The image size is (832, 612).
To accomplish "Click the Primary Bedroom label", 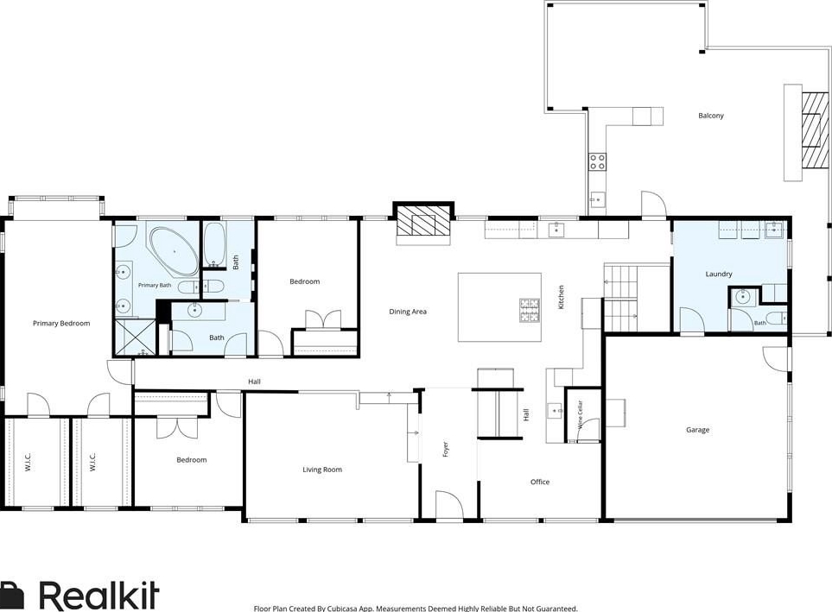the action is (61, 324).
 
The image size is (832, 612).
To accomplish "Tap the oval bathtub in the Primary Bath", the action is (174, 251).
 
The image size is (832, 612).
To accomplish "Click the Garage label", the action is (697, 430).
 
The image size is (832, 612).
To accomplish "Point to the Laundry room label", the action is (719, 274).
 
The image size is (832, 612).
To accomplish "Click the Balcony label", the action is (710, 116).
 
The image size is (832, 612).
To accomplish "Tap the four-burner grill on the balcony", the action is (598, 161).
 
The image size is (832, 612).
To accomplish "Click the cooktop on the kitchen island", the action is (529, 310).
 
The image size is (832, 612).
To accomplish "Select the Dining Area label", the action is (408, 312).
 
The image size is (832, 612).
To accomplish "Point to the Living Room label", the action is (322, 470).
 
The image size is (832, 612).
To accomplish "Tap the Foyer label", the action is (446, 450).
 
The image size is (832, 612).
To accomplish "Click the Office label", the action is (540, 482).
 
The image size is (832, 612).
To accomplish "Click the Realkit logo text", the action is (99, 596).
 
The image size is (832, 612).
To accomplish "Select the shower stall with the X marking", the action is (136, 337).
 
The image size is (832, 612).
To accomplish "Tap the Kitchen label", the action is (561, 297).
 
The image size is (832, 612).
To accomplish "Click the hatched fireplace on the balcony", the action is (815, 130).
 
